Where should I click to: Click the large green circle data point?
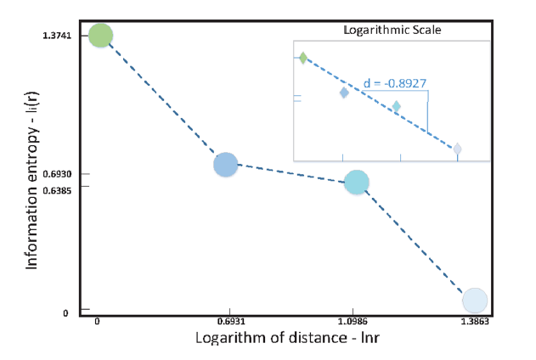(x=100, y=36)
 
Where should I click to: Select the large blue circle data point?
(x=225, y=165)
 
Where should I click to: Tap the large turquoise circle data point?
(x=356, y=182)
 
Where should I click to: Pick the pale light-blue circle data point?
(x=474, y=300)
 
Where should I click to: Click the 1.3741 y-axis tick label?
(x=57, y=35)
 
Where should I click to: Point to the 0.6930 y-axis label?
(x=57, y=174)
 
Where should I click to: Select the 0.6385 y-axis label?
(x=57, y=189)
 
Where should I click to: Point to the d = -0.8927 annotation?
(x=394, y=85)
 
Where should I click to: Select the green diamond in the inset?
(x=302, y=58)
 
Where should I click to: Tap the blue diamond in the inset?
(x=344, y=93)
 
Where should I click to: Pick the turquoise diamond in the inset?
(x=396, y=107)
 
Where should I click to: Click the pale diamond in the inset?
(x=457, y=149)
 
